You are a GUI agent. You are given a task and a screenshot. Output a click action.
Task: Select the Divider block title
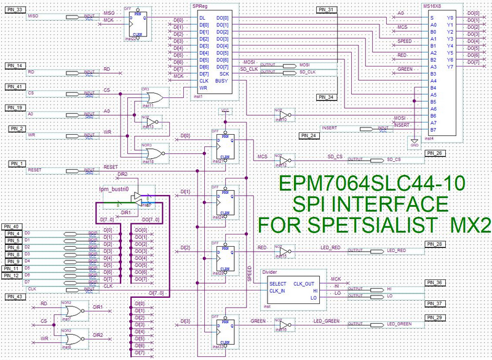tap(271, 271)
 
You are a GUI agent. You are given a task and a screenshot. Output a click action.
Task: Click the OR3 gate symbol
tap(153, 98)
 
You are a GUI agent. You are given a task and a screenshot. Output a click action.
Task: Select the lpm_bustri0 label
tap(113, 190)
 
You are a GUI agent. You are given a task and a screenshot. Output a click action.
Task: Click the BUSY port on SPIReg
tap(223, 81)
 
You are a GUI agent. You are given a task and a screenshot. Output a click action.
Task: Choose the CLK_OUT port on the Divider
tap(306, 282)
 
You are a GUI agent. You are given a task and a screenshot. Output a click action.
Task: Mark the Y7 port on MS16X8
tap(451, 66)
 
